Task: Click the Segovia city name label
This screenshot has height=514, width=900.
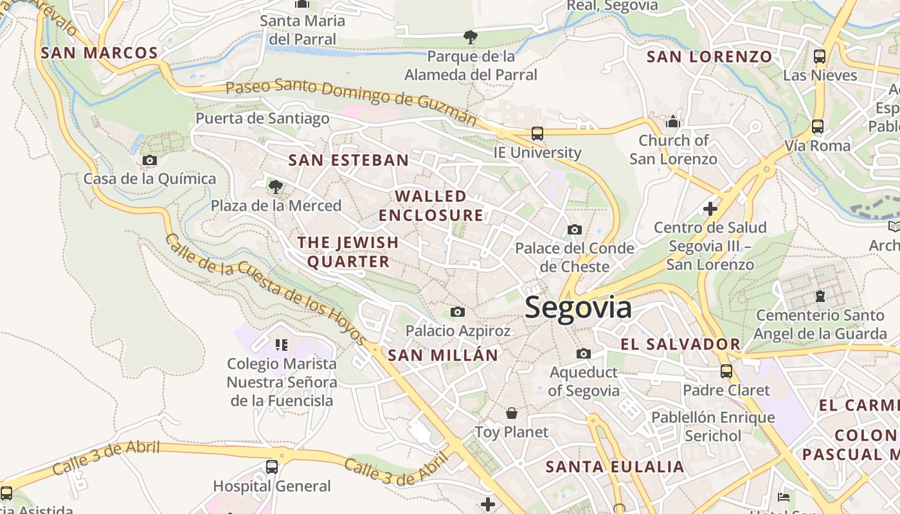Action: [x=578, y=308]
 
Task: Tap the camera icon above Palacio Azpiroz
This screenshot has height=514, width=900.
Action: [x=458, y=312]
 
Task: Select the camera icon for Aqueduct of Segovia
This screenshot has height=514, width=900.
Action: [x=584, y=353]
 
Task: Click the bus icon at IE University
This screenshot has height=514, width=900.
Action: [x=537, y=134]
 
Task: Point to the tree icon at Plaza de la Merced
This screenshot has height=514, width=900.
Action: [x=276, y=187]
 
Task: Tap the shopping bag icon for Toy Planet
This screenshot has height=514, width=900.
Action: [x=512, y=413]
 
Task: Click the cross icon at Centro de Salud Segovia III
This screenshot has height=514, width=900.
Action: [x=710, y=209]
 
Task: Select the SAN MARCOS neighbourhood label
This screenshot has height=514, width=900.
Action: [x=100, y=53]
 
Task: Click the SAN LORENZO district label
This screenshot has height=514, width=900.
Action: [x=709, y=57]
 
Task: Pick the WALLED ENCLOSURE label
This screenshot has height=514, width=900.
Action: [x=431, y=206]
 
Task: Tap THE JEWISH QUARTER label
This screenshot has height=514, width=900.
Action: [x=348, y=252]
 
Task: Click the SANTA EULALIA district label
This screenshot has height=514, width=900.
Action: [x=615, y=467]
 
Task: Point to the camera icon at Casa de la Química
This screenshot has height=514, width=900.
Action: [x=150, y=161]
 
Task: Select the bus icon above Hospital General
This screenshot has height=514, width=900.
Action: [x=272, y=467]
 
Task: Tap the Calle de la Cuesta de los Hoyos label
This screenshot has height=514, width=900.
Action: [x=265, y=290]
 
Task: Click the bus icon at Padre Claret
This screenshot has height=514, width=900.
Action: [x=726, y=371]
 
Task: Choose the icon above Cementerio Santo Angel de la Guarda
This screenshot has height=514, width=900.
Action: [x=820, y=296]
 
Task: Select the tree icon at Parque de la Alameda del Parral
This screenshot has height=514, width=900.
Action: [x=471, y=37]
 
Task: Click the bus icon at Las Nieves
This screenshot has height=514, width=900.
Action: [x=820, y=57]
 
